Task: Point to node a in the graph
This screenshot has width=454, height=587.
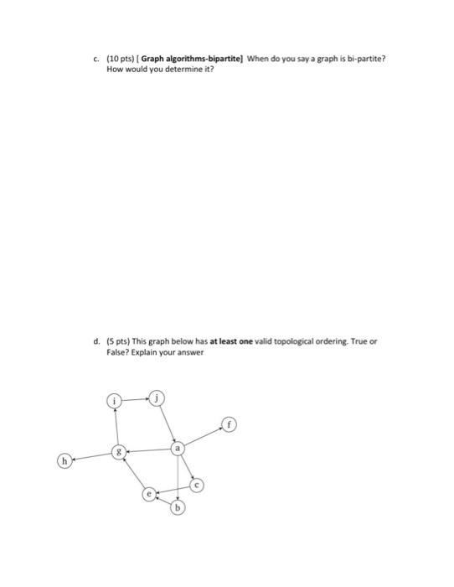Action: point(177,449)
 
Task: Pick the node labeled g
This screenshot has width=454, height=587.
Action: point(120,452)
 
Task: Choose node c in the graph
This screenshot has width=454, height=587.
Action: point(197,485)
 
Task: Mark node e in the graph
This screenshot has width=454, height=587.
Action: point(149,495)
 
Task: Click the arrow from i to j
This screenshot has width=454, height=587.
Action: point(136,398)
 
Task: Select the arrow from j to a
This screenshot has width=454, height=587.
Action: point(167,422)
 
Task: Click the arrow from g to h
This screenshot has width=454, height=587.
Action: point(90,456)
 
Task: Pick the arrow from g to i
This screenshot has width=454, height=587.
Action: point(117,426)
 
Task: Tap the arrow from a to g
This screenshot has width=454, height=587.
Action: point(148,450)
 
